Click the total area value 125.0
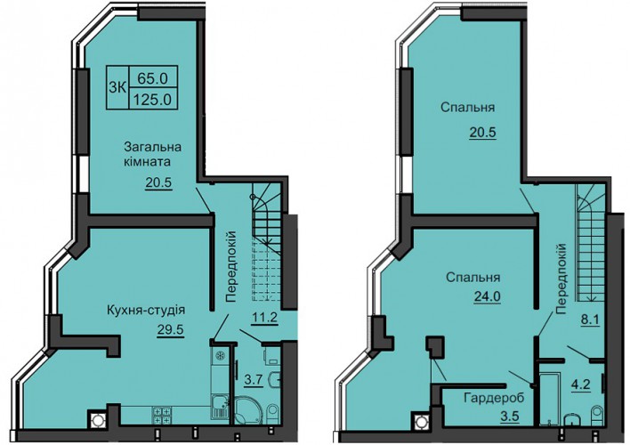[154, 98]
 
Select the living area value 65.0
[152, 78]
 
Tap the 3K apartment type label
[117, 87]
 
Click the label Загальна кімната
[152, 154]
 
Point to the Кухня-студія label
[145, 311]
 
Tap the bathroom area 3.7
[254, 379]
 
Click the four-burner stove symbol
[161, 416]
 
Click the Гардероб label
[494, 399]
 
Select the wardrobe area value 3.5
[510, 416]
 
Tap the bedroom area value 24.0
[487, 296]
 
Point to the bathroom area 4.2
[580, 384]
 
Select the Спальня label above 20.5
[467, 108]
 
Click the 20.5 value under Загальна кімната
[158, 182]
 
